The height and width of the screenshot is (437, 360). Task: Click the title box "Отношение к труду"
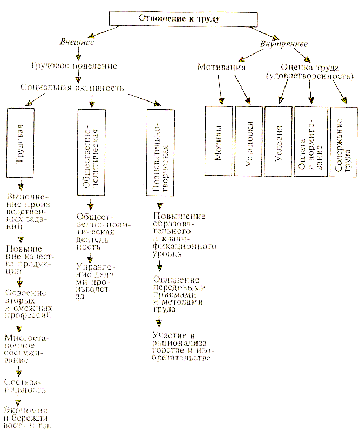(180, 18)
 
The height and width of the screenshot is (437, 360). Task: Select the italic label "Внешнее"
(77, 42)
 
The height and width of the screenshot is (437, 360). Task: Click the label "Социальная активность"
(72, 86)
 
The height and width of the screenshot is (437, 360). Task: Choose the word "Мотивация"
(221, 68)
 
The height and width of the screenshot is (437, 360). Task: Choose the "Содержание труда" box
(343, 143)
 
